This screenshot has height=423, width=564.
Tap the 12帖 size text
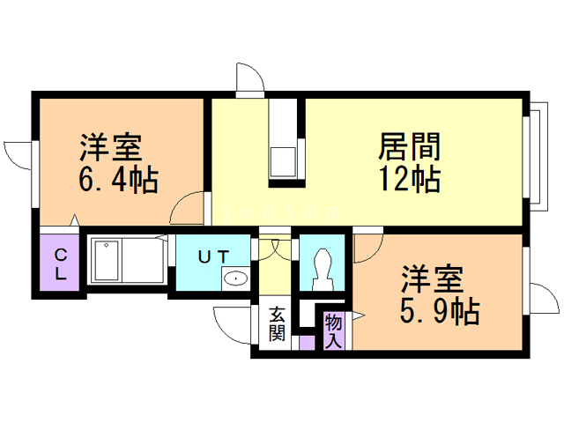[410, 179]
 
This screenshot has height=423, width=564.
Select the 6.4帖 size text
[118, 181]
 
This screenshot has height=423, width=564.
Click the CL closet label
[61, 263]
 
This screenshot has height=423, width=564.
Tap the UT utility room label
[214, 256]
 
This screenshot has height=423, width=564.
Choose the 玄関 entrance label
[277, 324]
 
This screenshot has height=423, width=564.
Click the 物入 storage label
[334, 331]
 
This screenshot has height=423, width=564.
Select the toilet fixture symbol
[322, 264]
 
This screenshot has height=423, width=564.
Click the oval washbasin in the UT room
[235, 279]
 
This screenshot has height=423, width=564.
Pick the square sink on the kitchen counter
[284, 163]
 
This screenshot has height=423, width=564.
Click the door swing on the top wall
[250, 78]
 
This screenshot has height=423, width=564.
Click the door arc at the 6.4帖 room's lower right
[189, 209]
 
